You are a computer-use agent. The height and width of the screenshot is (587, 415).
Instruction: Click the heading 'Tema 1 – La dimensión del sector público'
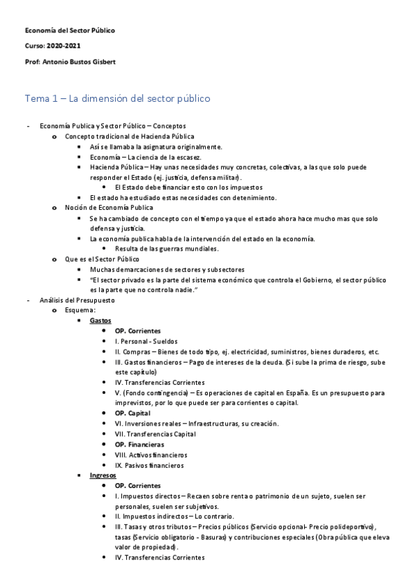coord(117,98)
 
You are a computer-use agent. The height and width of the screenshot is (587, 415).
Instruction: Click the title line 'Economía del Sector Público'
coord(70,31)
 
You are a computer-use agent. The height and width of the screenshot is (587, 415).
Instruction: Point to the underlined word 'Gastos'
coord(100,321)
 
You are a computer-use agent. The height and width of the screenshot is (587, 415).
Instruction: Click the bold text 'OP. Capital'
coord(132,413)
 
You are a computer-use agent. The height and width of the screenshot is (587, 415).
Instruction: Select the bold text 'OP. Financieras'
coord(139,444)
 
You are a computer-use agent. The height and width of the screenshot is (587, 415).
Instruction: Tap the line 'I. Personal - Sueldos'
coord(146,341)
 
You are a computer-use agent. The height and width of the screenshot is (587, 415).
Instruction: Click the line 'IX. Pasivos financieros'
coord(150,465)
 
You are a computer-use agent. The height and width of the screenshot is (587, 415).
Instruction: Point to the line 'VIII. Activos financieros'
coord(151,455)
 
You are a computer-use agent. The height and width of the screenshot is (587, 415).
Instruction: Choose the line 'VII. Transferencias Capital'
coord(155,434)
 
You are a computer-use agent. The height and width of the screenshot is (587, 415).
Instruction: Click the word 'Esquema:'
coord(81,311)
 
